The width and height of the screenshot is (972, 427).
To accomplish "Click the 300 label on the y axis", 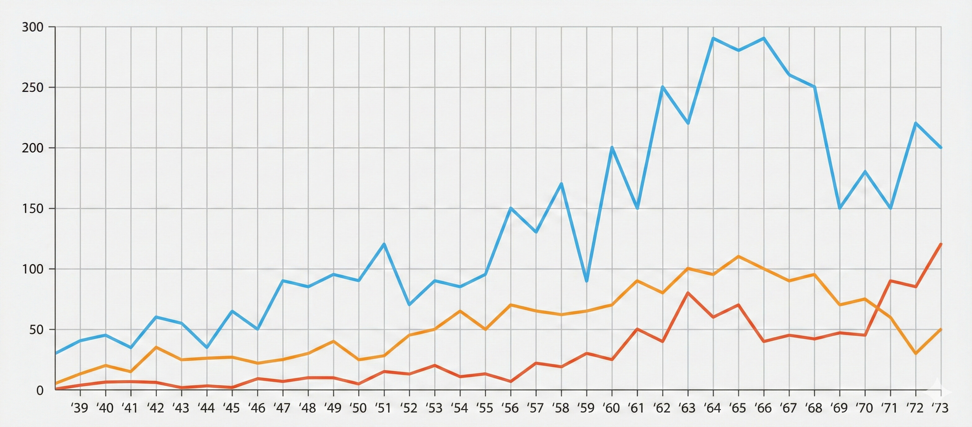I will click(33, 27).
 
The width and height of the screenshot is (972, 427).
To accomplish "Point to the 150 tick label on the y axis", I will click(33, 209).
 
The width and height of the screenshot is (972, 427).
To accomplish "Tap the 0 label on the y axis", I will click(40, 390).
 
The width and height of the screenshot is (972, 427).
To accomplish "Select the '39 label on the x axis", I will click(79, 408).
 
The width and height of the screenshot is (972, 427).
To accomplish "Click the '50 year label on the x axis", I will click(358, 408).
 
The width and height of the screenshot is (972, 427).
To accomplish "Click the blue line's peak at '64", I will click(713, 38).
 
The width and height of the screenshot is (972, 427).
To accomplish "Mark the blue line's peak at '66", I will click(764, 38).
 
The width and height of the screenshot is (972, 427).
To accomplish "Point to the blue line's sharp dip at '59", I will click(586, 281).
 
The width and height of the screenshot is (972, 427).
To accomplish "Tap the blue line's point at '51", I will click(384, 244).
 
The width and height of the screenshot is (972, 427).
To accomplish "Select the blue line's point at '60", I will click(612, 147).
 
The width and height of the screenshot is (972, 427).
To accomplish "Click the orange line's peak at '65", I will click(738, 257).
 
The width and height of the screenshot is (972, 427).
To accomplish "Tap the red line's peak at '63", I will click(688, 293).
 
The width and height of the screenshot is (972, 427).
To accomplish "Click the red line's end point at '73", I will click(941, 244).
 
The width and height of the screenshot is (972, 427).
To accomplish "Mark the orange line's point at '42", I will click(156, 347).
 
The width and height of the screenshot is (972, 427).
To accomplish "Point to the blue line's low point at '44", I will click(207, 347).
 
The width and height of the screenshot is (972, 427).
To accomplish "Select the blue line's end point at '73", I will click(941, 147).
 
